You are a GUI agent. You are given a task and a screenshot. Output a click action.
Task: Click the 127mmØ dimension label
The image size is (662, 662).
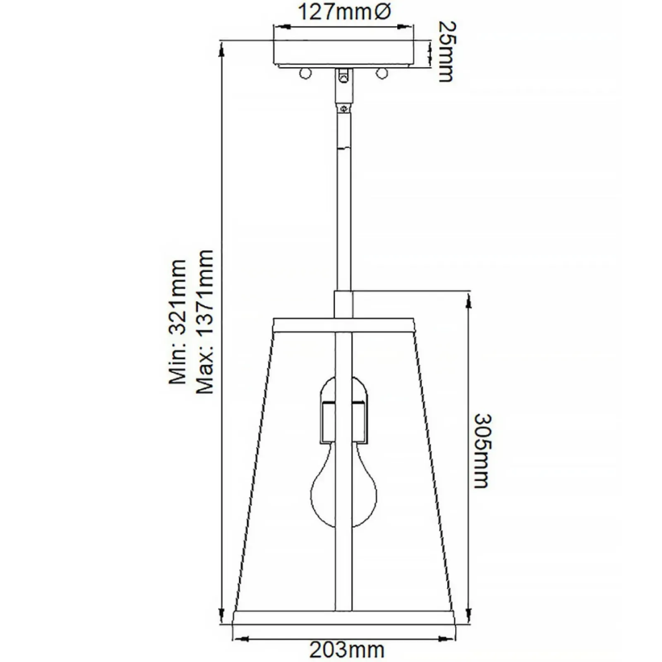[344, 12]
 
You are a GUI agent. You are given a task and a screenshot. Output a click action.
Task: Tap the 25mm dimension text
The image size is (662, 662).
[446, 52]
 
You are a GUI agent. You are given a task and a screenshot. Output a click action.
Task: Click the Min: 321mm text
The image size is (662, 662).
[177, 322]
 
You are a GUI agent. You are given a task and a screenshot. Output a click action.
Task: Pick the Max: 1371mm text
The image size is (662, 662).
[205, 321]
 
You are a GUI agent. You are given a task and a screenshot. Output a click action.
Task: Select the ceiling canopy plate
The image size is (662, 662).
[343, 54]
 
